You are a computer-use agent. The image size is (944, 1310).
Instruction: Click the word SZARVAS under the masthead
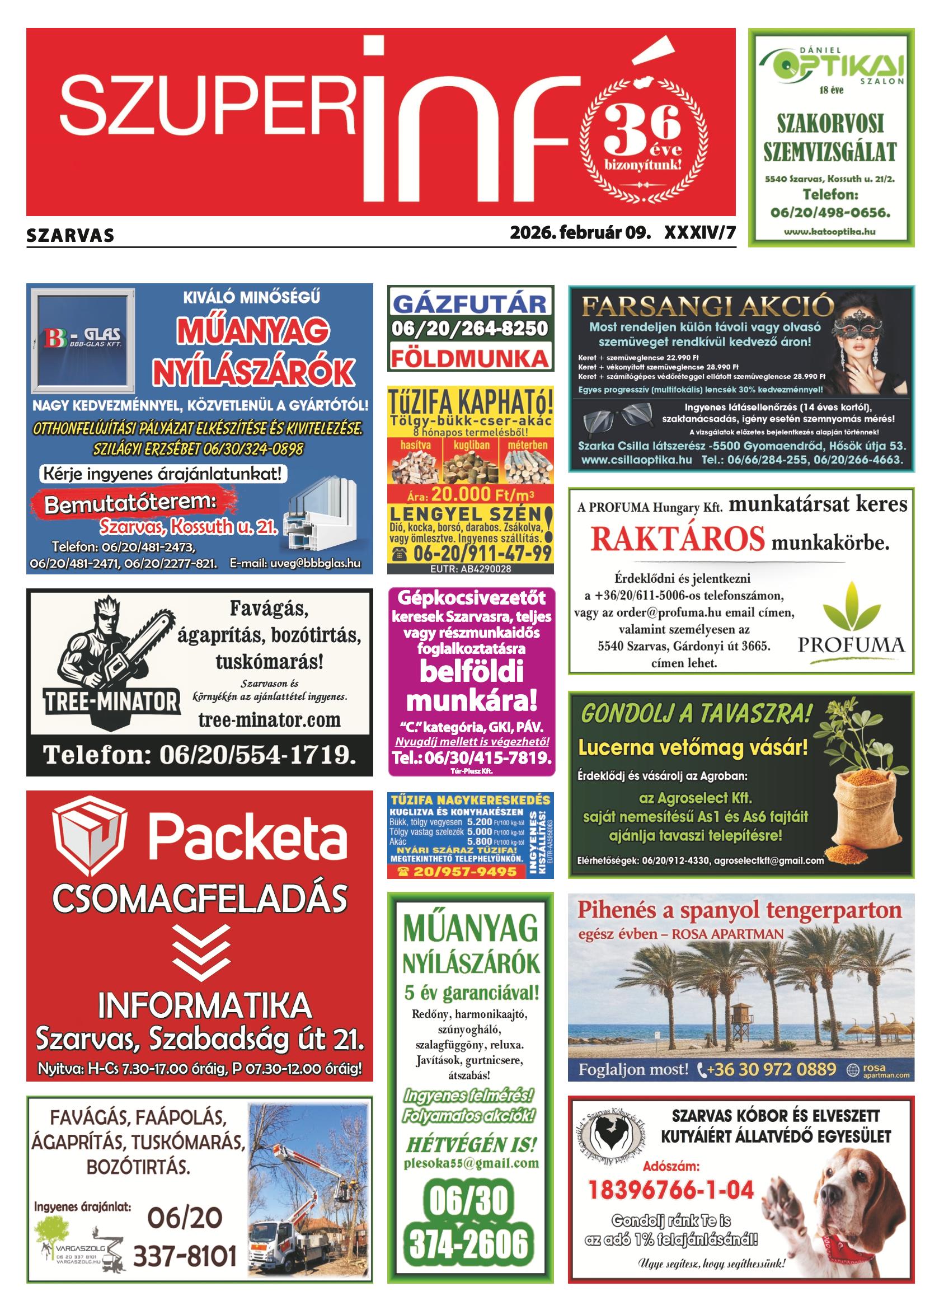(70, 236)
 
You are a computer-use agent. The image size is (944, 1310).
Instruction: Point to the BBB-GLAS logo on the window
(83, 338)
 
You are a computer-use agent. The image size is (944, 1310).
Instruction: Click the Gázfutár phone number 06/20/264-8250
(469, 329)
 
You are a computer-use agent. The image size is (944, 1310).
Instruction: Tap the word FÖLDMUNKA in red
(469, 358)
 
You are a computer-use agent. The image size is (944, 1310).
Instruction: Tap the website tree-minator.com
(269, 720)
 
